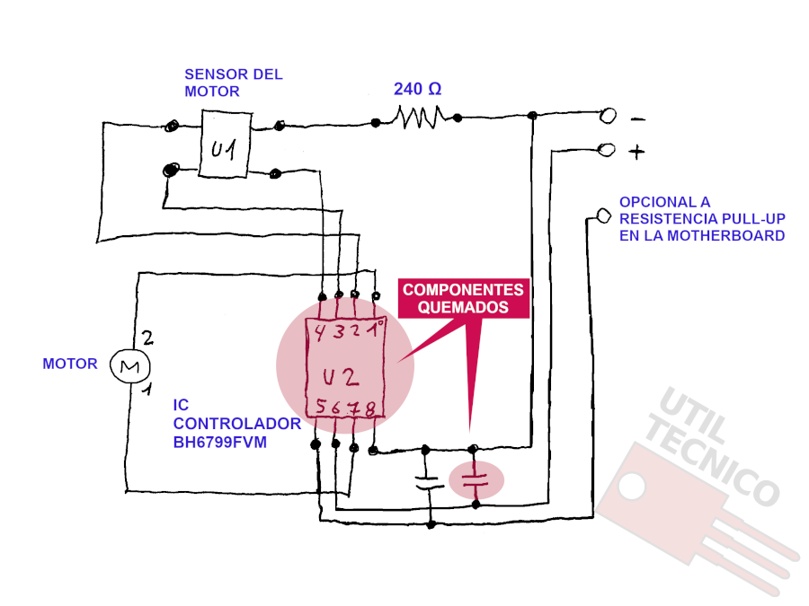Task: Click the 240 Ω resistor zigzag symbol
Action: point(419,117)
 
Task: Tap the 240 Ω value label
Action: point(417,89)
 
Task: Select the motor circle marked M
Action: point(130,366)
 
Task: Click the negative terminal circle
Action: point(609,116)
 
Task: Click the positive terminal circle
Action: point(606,150)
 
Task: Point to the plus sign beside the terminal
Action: point(636,152)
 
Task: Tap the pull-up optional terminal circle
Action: point(604,215)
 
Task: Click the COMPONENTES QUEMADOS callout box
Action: point(464,298)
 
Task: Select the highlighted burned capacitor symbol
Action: point(476,480)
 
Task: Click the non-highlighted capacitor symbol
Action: point(428,482)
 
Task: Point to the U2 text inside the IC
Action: point(341,377)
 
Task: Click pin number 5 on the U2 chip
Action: point(321,406)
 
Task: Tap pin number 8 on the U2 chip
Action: point(370,409)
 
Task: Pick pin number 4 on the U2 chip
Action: point(320,333)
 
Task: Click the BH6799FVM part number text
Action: point(220,442)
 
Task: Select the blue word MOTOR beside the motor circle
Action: point(69,364)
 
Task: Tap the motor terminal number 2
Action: point(147,338)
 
